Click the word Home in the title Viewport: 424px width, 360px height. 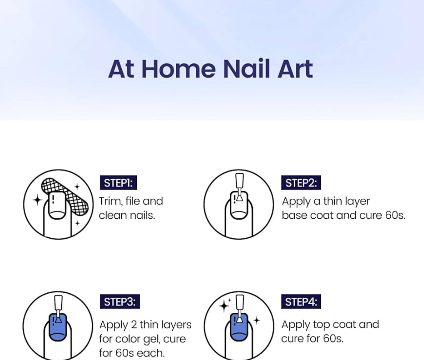point(179,69)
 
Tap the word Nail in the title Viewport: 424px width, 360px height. point(246,68)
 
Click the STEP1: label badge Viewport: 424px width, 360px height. point(118,183)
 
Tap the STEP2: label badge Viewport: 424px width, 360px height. point(301,183)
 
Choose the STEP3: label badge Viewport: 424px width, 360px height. point(120,301)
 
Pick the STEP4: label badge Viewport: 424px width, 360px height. point(301,301)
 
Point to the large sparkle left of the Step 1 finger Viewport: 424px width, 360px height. point(38,200)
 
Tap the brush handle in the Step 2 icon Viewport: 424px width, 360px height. point(240,181)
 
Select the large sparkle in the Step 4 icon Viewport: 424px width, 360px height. point(224,306)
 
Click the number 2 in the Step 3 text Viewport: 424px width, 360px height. point(134,325)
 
